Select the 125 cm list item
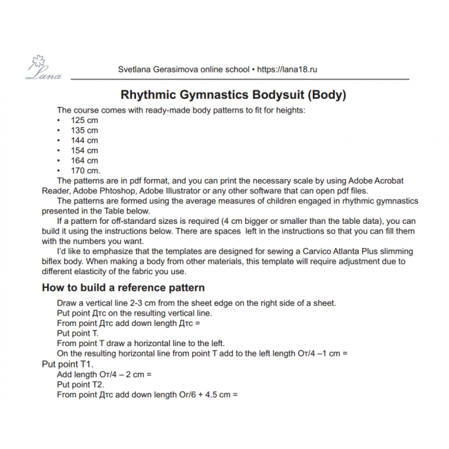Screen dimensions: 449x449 click(x=84, y=120)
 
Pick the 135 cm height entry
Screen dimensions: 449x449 click(x=84, y=130)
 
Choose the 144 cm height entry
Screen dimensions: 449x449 click(x=84, y=140)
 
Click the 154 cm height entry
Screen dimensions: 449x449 click(x=84, y=150)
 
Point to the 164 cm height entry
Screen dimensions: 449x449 click(x=84, y=160)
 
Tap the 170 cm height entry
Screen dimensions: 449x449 click(x=85, y=170)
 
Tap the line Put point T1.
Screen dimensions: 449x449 click(x=67, y=363)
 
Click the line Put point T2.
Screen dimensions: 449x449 click(x=80, y=384)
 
